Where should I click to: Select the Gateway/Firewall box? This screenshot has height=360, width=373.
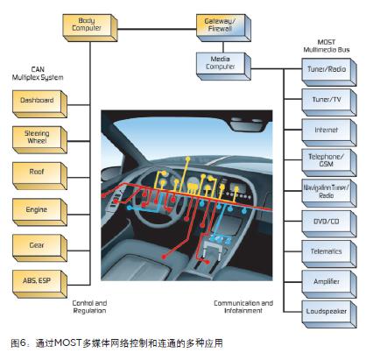coord(223,25)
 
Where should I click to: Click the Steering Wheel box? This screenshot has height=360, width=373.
coord(38,138)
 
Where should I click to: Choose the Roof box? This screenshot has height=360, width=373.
coord(38,173)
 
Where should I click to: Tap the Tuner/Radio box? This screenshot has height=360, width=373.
coord(326,69)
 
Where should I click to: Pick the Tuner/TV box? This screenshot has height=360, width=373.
coord(326,100)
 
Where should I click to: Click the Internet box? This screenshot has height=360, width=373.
coord(326,130)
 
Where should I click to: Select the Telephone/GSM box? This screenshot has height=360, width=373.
coord(326,160)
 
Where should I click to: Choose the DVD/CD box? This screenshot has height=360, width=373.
coord(326,221)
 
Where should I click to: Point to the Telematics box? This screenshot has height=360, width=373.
coord(326,251)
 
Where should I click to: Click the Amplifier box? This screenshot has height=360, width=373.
coord(326,280)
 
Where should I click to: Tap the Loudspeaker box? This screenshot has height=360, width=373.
coord(326,310)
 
